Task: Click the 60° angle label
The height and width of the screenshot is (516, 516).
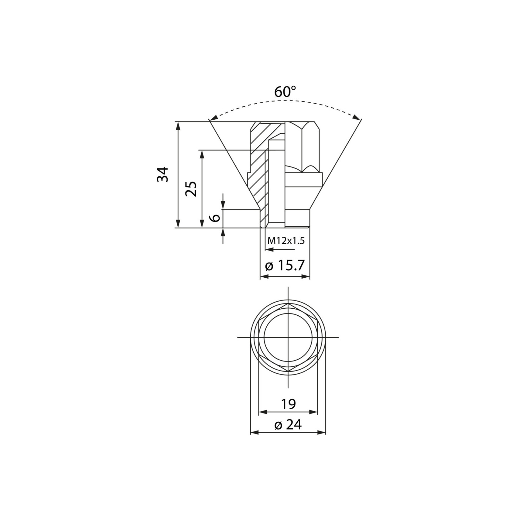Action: click(x=285, y=92)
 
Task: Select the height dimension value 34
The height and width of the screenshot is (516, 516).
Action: click(x=163, y=174)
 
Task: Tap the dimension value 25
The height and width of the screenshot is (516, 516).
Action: click(x=191, y=189)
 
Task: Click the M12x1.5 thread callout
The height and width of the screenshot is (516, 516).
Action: click(x=286, y=241)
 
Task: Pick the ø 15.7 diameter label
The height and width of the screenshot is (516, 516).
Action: click(x=284, y=266)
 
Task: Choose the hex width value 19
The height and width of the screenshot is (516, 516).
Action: click(x=288, y=404)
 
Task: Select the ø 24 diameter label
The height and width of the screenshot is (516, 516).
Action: click(x=288, y=425)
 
